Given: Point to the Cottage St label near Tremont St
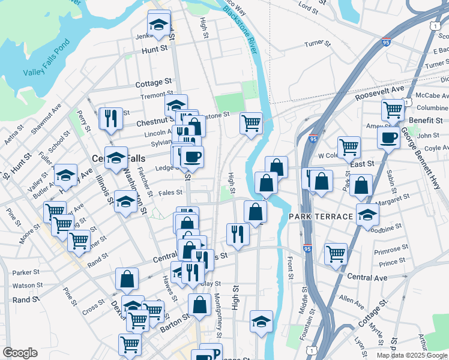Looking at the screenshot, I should [x=154, y=84].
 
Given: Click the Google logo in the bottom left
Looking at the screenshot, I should [x=20, y=353].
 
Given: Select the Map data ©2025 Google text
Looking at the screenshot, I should [x=412, y=355].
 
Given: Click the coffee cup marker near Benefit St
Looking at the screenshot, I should [x=388, y=137].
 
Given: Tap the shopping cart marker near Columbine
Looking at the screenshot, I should [x=392, y=110].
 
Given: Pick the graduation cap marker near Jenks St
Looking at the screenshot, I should [x=158, y=25].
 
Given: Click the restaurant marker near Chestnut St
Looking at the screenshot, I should [x=110, y=118].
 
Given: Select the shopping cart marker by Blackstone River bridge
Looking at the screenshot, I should [x=251, y=122].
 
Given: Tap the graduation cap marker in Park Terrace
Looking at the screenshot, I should [x=367, y=214].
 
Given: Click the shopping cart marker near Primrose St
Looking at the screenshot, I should [x=336, y=253].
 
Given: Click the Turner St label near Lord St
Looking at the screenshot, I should [x=318, y=44].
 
